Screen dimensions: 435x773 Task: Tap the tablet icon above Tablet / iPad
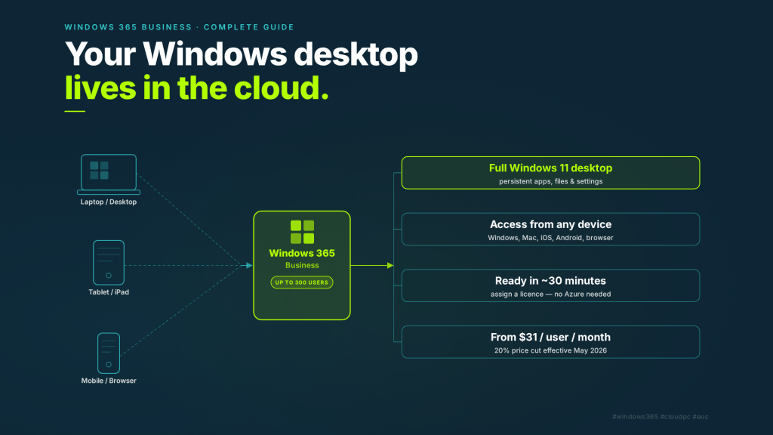(x=109, y=262)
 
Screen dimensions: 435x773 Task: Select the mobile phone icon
(x=109, y=352)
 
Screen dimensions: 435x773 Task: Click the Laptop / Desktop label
(x=109, y=202)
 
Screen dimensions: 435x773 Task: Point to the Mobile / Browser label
(x=109, y=381)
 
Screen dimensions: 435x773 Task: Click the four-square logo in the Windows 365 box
(x=302, y=232)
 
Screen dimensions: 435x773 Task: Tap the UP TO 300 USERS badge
(x=302, y=282)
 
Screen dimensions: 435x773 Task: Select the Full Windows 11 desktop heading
(x=550, y=168)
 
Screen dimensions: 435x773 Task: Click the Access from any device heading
(x=550, y=224)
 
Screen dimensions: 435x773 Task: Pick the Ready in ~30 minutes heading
(x=550, y=281)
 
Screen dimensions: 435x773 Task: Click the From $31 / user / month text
(x=550, y=337)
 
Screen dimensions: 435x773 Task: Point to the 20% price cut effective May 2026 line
(x=550, y=350)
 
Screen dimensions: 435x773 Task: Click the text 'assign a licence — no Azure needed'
(x=550, y=294)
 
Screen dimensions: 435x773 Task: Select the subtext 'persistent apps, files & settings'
(x=550, y=181)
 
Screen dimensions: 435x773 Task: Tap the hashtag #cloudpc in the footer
(x=677, y=416)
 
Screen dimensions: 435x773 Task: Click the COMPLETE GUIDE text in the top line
(x=249, y=27)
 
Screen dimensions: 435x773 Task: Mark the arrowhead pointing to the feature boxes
(x=390, y=265)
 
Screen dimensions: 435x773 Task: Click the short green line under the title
(x=75, y=112)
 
